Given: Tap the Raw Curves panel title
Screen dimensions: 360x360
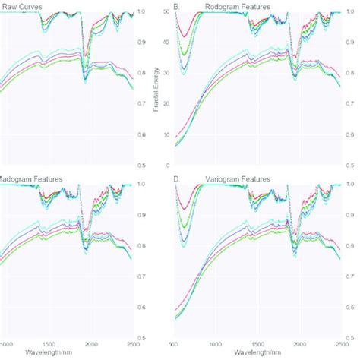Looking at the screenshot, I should pyautogui.click(x=21, y=7).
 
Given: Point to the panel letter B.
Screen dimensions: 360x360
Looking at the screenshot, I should pyautogui.click(x=176, y=7).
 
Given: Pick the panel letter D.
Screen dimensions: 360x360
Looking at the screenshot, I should pyautogui.click(x=176, y=179).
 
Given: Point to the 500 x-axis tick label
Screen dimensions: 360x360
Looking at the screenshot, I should pyautogui.click(x=174, y=343).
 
